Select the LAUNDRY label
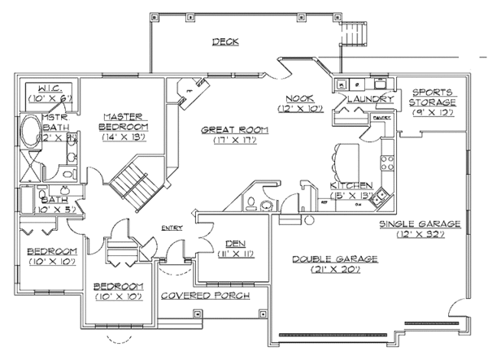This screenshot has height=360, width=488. click(370, 99)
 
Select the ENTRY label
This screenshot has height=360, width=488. click(172, 228)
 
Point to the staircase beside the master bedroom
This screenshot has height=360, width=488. click(129, 184)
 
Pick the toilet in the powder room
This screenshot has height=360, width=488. click(254, 203)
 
